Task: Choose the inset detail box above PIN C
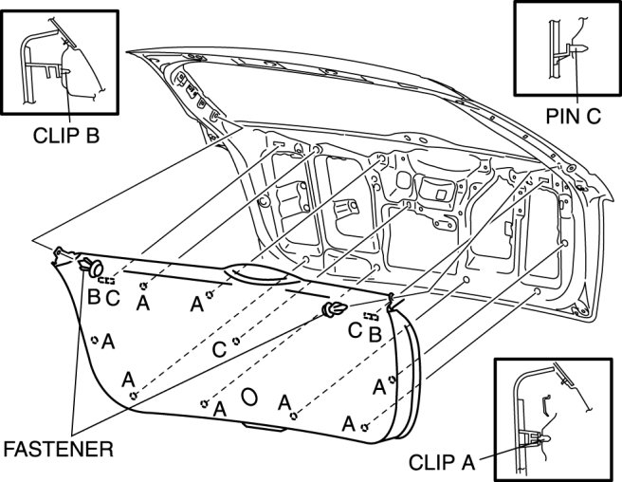(565, 49)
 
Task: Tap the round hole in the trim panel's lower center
(249, 396)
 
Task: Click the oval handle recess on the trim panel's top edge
(259, 274)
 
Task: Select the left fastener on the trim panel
(93, 265)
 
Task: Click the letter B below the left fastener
(94, 297)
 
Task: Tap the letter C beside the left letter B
(113, 298)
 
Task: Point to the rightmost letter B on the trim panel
(375, 334)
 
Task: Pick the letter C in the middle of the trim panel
(218, 349)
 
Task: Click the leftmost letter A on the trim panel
(108, 341)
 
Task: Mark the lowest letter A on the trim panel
(348, 422)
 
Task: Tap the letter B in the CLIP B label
(92, 134)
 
